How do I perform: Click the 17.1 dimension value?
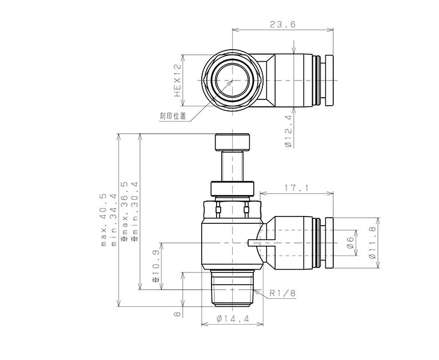click(x=296, y=187)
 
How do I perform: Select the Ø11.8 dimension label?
click(x=372, y=242)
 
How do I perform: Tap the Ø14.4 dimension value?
click(x=233, y=319)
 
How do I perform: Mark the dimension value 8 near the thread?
click(x=177, y=314)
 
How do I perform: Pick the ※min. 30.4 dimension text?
click(x=135, y=211)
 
